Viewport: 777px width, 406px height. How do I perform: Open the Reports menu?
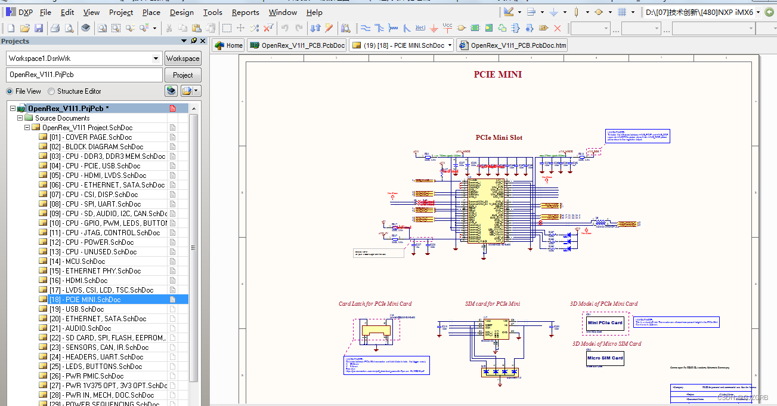pyautogui.click(x=245, y=12)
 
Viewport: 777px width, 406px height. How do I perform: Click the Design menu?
pyautogui.click(x=181, y=12)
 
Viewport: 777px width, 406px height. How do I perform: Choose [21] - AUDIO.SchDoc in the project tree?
pyautogui.click(x=80, y=328)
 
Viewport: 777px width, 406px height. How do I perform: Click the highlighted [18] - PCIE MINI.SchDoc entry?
pyautogui.click(x=85, y=300)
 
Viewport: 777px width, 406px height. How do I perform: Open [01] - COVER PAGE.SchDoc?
pyautogui.click(x=91, y=137)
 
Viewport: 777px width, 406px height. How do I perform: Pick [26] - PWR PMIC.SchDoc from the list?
pyautogui.click(x=86, y=376)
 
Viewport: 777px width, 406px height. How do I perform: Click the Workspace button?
pyautogui.click(x=182, y=59)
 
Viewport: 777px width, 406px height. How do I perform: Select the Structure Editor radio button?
pyautogui.click(x=52, y=91)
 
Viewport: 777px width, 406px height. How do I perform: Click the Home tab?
pyautogui.click(x=228, y=45)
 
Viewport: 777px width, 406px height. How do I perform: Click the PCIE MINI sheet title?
pyautogui.click(x=498, y=75)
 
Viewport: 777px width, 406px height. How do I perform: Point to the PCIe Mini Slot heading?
pyautogui.click(x=499, y=137)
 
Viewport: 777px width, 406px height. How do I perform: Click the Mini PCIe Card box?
pyautogui.click(x=605, y=322)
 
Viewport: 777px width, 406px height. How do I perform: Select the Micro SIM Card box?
pyautogui.click(x=605, y=358)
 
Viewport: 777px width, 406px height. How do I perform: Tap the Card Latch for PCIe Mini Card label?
pyautogui.click(x=374, y=304)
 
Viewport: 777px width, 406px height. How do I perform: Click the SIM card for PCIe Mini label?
pyautogui.click(x=492, y=304)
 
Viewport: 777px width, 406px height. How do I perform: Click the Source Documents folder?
pyautogui.click(x=62, y=118)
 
